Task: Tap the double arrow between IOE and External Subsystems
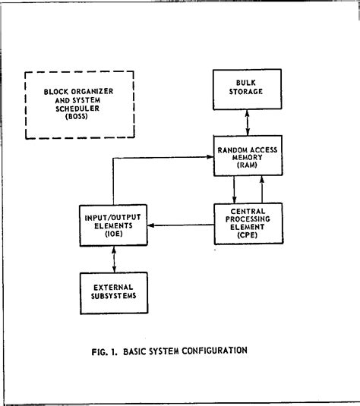[x=113, y=258]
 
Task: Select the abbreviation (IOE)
[x=114, y=235]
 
